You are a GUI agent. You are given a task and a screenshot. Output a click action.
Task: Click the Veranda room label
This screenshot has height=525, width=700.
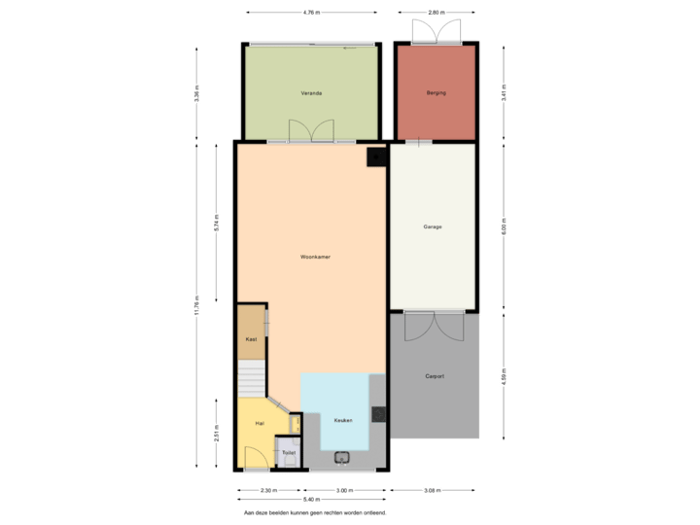pos(311,93)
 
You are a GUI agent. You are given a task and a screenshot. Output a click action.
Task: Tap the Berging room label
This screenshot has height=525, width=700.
pos(435,93)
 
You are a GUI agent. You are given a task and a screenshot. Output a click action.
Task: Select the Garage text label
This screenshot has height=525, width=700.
pos(433,227)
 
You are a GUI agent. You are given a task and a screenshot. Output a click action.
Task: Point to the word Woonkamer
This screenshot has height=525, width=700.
pos(315,258)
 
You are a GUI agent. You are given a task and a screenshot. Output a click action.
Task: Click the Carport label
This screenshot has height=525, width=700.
pos(435,376)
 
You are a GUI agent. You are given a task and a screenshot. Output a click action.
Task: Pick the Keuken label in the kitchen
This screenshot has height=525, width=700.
pos(342,420)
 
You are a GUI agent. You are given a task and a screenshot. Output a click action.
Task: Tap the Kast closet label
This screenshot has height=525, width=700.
pos(251,339)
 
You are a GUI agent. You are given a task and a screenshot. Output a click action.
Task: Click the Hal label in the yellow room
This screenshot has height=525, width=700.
pos(260,424)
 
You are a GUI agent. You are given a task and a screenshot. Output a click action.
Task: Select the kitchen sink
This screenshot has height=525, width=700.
pos(341,457)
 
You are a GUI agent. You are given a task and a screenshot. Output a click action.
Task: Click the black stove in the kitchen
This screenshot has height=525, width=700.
pos(379,413)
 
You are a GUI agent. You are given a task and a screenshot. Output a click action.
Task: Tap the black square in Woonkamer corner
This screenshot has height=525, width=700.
pos(374,156)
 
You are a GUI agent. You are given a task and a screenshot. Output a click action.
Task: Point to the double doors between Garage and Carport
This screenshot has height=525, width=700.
pos(434,325)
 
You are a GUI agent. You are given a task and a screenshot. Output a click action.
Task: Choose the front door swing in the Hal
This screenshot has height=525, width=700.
pos(255,458)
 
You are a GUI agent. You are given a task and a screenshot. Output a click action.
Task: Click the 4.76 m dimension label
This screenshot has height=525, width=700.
pos(310,13)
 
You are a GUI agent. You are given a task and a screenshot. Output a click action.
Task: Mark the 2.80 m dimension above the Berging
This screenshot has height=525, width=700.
pos(436,13)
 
